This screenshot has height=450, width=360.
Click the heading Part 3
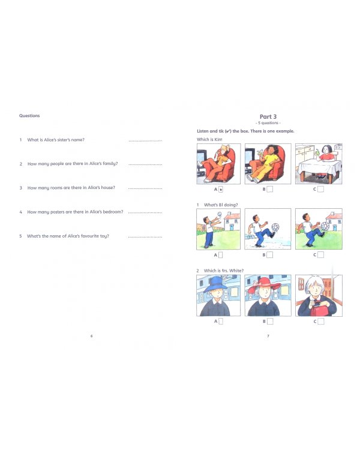tap(268, 116)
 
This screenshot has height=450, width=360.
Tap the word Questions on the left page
tap(29, 116)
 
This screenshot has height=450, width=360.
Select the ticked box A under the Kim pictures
tap(221, 189)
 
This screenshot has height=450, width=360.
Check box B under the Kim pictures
tap(270, 189)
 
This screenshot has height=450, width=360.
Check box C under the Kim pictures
tap(320, 189)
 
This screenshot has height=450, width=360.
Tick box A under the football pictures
tap(221, 255)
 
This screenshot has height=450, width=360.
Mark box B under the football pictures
tap(270, 255)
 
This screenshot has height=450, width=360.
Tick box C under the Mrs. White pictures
tap(320, 321)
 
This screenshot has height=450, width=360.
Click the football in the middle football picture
tap(275, 227)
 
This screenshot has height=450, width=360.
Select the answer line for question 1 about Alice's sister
tap(145, 140)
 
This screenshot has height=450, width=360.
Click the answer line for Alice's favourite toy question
tap(145, 236)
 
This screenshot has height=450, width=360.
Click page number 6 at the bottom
tap(91, 335)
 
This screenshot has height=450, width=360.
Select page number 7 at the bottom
tap(268, 335)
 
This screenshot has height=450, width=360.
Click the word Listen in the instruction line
tap(203, 131)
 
